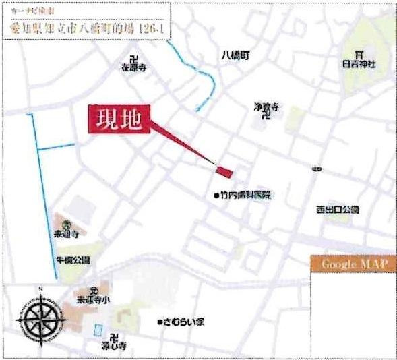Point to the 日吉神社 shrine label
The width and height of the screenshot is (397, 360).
click(x=359, y=63)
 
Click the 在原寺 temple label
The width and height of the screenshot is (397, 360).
click(x=133, y=68)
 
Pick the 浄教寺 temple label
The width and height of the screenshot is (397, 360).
click(x=266, y=107)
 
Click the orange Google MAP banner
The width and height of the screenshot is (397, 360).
click(x=354, y=264)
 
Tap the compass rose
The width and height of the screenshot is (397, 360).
click(x=42, y=318)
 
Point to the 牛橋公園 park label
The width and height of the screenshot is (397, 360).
click(x=73, y=259)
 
